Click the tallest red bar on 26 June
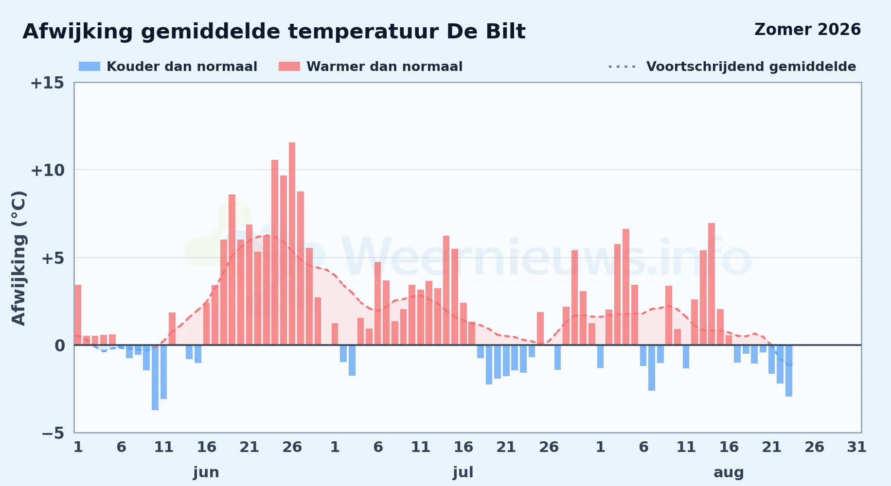[x=292, y=243]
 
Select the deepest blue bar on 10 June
[x=155, y=378]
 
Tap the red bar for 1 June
[x=78, y=315]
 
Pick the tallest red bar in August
[x=712, y=284]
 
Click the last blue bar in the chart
[x=789, y=371]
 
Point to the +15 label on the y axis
[x=47, y=83]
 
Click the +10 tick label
[x=47, y=170]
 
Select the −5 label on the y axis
[x=53, y=433]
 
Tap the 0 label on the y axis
[x=59, y=346]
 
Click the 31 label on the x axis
[x=857, y=447]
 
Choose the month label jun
[x=206, y=472]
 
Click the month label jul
[x=463, y=472]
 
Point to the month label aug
[x=729, y=472]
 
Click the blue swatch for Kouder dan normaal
[x=89, y=67]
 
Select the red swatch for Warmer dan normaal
[x=289, y=67]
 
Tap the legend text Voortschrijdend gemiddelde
[x=751, y=67]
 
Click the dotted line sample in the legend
[x=622, y=67]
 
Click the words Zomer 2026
[x=807, y=30]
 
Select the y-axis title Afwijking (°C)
[x=18, y=258]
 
